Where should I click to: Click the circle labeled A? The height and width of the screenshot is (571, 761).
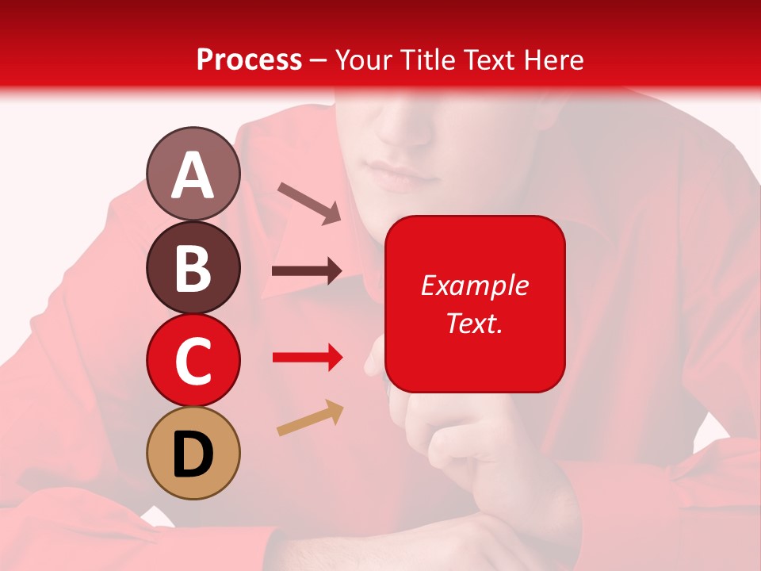193,174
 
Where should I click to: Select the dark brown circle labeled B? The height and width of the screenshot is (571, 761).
193,267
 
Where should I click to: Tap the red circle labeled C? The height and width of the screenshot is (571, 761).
193,360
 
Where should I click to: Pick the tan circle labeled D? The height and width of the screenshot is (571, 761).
193,453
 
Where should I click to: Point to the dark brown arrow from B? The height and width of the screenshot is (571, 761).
307,271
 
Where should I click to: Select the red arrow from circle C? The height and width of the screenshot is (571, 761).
307,358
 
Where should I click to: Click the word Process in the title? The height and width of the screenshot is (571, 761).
249,59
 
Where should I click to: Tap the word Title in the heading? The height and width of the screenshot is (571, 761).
425,59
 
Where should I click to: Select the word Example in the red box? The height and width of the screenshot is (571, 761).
474,285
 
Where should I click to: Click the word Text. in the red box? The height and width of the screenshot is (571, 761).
474,323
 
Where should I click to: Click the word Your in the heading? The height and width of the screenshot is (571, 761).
365,59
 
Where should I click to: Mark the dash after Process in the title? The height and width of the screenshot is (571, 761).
319,60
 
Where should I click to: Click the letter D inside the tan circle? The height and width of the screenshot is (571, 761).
193,454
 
